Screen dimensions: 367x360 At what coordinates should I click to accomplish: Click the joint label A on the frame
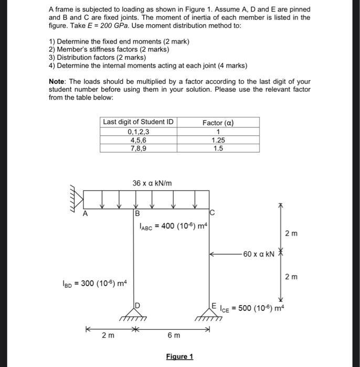(85, 213)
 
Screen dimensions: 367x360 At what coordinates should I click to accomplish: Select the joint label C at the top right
(211, 213)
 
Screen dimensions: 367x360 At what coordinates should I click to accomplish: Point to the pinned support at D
(135, 312)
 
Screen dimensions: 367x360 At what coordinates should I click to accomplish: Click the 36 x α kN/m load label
(152, 183)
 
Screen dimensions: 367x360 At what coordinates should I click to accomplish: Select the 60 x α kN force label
(259, 254)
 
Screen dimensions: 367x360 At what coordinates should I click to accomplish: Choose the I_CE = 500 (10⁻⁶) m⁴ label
(258, 307)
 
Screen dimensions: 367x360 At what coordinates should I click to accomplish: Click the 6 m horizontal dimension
(174, 334)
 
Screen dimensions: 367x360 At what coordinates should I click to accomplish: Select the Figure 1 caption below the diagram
(179, 357)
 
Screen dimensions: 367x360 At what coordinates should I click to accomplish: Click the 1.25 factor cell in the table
(218, 140)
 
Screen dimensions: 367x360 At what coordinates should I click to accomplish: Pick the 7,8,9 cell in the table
(138, 148)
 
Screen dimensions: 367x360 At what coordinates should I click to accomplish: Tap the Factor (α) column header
(218, 123)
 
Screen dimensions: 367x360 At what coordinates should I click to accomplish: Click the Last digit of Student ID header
(138, 122)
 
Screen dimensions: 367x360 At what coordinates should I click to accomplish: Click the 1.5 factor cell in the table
(218, 148)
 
